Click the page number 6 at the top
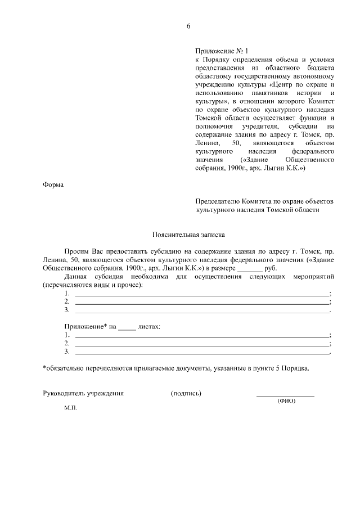tap(189, 26)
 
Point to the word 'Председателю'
tap(217, 201)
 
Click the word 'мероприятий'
tap(313, 277)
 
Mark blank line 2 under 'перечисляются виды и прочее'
tap(202, 303)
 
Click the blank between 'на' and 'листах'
tap(128, 327)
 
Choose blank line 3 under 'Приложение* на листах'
tap(202, 353)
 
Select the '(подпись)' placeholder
tap(186, 393)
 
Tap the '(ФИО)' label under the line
tap(286, 400)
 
